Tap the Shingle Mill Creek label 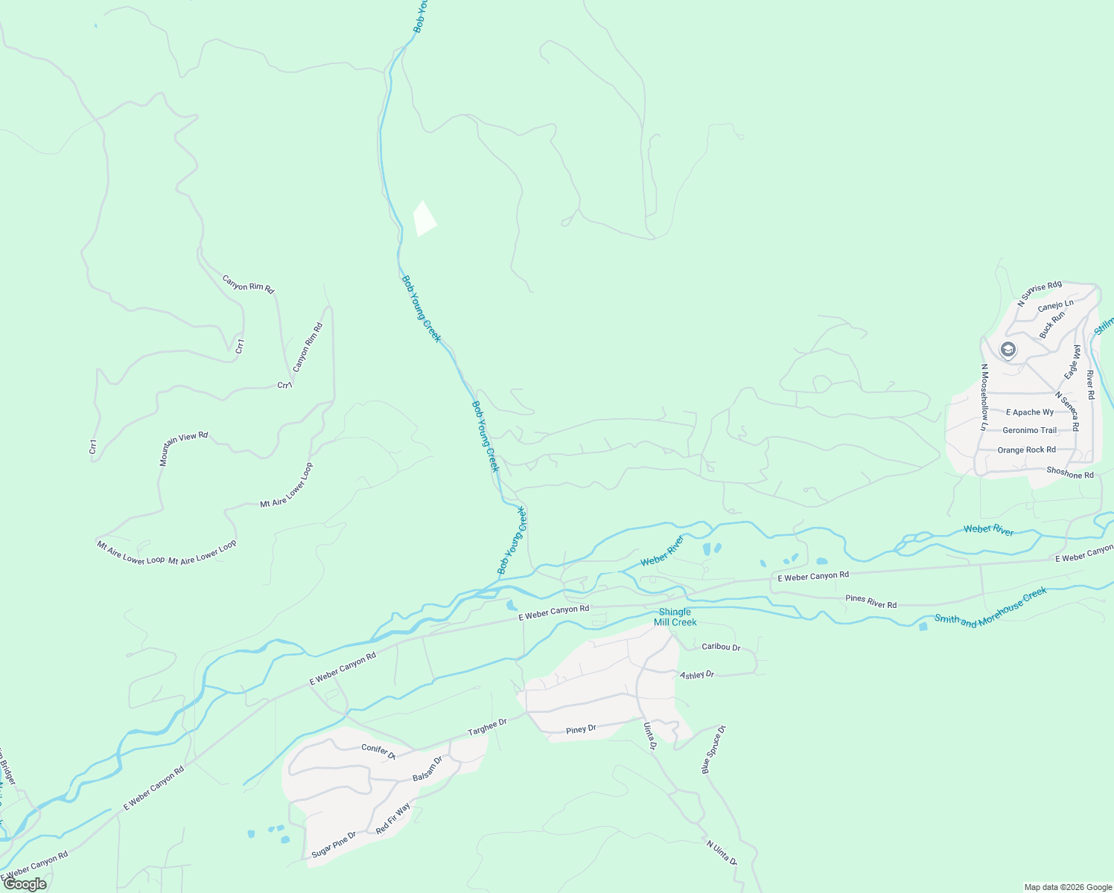point(675,617)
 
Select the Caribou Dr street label point(721,647)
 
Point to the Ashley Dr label point(697,675)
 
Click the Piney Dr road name point(581,729)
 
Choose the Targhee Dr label point(487,727)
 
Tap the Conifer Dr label point(378,750)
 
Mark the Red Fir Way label point(393,819)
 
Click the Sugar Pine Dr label point(334,845)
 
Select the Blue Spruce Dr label point(713,750)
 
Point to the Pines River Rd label point(871,601)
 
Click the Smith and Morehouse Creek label point(990,607)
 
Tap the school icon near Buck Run point(1008,350)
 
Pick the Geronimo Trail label point(1029,430)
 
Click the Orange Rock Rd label point(1026,449)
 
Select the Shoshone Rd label point(1070,473)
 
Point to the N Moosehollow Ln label point(984,397)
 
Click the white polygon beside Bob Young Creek point(424,218)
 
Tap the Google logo point(25,884)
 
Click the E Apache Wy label point(1030,412)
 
